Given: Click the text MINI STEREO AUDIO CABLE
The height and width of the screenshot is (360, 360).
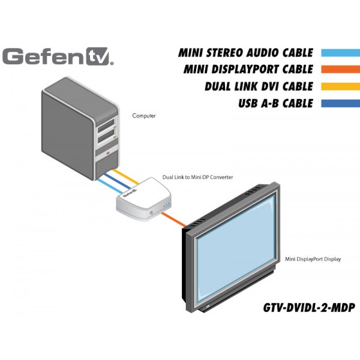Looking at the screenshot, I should click(246, 53).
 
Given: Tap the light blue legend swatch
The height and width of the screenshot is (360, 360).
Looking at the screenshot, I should click(340, 53).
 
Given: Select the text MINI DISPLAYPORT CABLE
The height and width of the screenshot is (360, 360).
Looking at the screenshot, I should click(248, 70).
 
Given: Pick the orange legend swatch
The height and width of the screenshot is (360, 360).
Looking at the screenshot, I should click(340, 70).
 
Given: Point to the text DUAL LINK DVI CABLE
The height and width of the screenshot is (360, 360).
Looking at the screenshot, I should click(259, 86).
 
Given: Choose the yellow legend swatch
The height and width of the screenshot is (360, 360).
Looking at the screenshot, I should click(340, 86).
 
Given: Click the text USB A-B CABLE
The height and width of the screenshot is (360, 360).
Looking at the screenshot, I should click(275, 103).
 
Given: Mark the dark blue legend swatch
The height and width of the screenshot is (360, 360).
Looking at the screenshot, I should click(340, 103).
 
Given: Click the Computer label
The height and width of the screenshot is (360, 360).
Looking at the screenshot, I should click(144, 115).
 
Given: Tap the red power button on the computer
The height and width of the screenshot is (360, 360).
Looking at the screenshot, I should click(107, 154).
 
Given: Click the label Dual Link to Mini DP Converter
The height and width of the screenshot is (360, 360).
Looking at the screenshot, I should click(197, 178).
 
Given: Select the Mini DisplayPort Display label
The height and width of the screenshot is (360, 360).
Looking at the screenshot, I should click(313, 259).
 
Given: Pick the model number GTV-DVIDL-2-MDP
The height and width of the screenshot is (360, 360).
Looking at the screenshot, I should click(308, 308).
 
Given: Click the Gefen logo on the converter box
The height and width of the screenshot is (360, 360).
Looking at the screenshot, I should click(130, 194).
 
